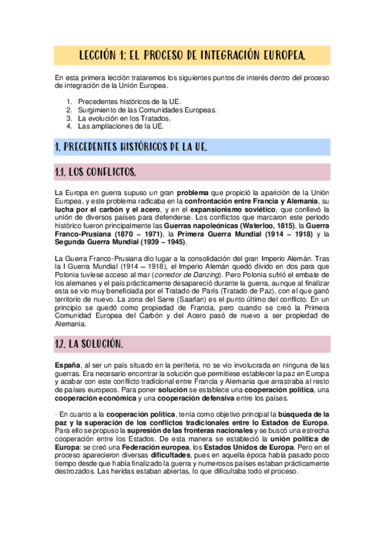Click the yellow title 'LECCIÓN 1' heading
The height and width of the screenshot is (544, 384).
192,56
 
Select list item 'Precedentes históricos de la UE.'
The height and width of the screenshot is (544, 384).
129,101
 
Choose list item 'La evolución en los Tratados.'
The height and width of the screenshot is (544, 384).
124,118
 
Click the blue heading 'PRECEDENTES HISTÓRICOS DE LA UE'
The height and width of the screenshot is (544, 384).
131,147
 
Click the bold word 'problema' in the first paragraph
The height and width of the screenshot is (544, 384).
197,192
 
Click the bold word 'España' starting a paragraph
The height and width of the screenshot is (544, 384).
67,364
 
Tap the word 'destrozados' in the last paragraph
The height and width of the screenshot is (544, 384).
74,472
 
